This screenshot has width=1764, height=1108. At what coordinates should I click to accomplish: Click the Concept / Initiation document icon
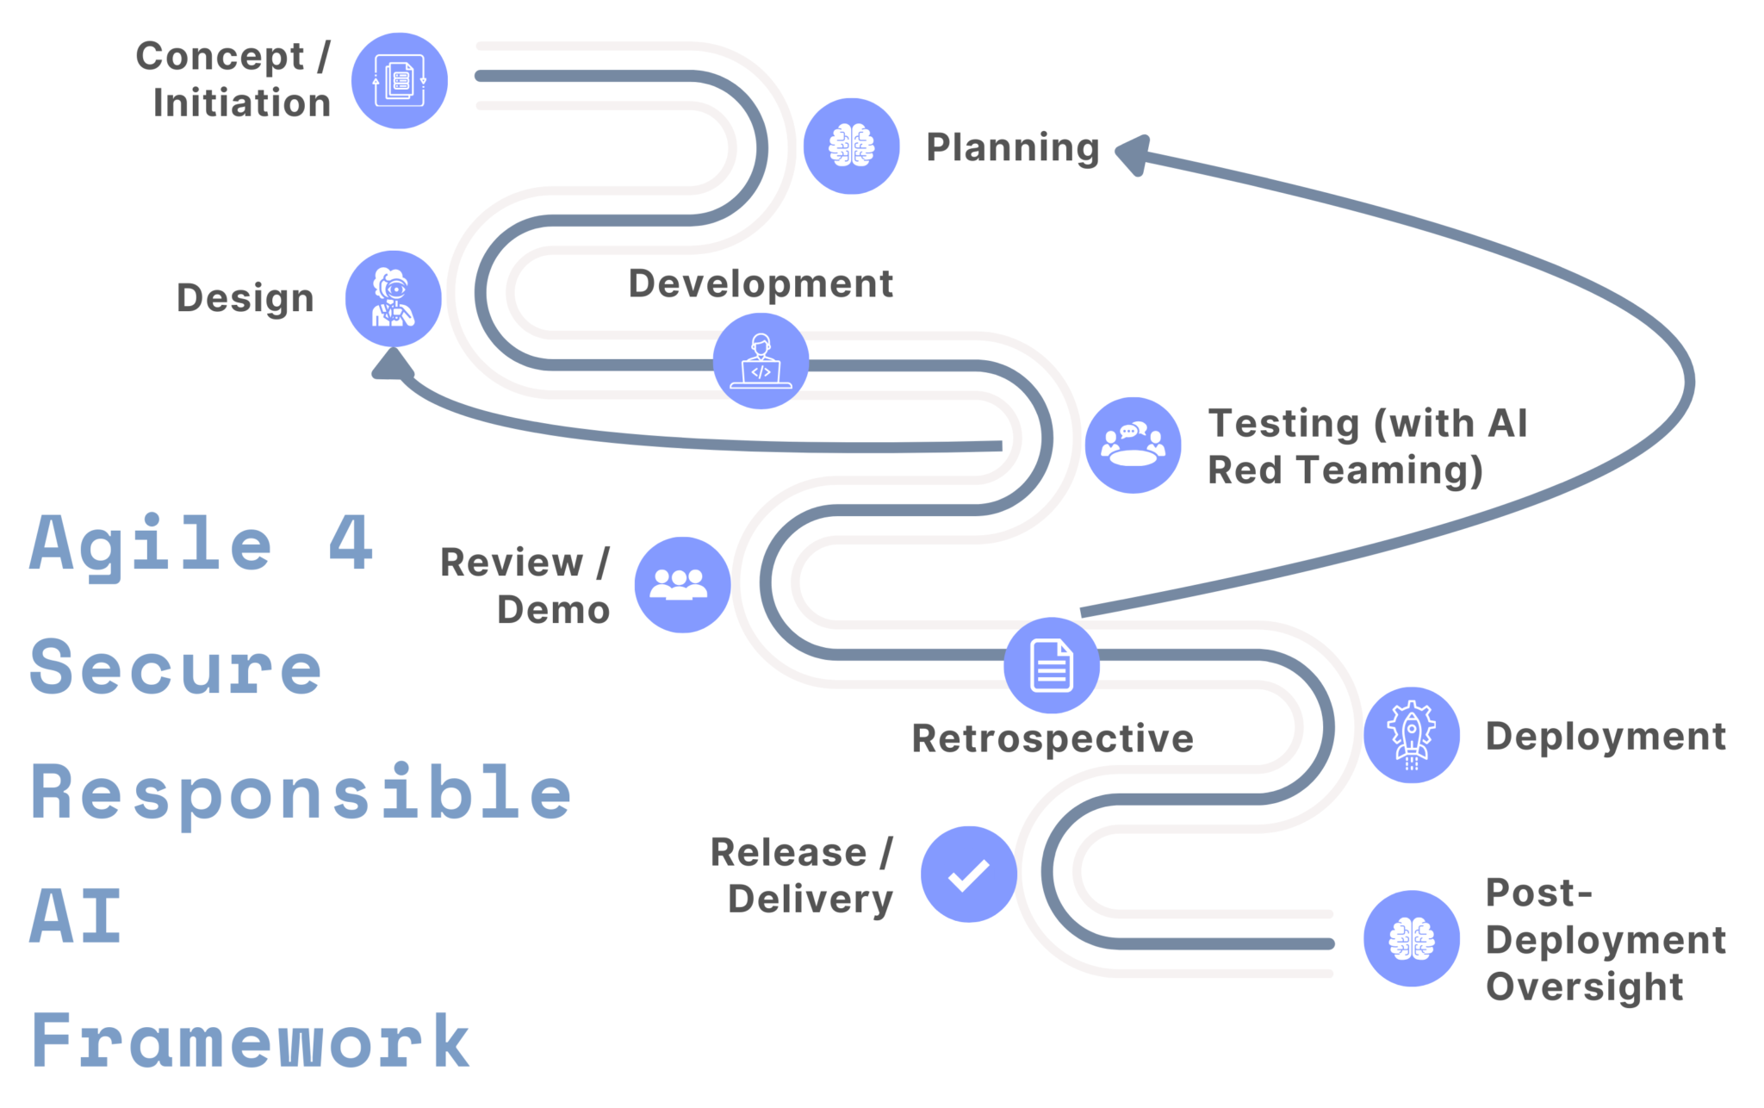coord(399,81)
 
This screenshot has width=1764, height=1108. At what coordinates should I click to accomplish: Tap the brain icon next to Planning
coord(851,146)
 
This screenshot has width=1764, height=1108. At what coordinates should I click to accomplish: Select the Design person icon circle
coord(393,298)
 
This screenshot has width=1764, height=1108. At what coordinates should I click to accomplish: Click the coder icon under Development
coord(761,360)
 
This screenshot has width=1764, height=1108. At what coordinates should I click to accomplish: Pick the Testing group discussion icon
coord(1133,445)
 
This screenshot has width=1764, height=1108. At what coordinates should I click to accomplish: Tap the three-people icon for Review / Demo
coord(682,584)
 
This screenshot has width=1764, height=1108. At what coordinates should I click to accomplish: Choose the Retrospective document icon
coord(1051,665)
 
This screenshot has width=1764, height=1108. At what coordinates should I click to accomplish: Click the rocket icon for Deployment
coord(1411,734)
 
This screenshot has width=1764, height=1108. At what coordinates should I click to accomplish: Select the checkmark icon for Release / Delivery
coord(968,874)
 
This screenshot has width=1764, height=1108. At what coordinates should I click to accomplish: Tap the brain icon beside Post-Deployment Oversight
coord(1411,937)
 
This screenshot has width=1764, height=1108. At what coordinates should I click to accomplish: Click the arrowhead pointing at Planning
coord(1132,154)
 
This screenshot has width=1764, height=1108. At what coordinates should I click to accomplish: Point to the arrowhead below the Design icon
coord(393,364)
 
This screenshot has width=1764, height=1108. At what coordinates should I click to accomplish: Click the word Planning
coord(1012,147)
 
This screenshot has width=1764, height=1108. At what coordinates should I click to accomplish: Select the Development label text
coord(760,283)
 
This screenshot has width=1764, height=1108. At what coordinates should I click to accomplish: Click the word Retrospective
coord(1052,738)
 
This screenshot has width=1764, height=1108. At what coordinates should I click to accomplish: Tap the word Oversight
coord(1583,987)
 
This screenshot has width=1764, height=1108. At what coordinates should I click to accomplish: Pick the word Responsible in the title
coord(301,794)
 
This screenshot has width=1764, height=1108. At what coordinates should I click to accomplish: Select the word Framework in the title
coord(250,1041)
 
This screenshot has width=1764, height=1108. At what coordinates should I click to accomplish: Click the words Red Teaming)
coord(1345,470)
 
